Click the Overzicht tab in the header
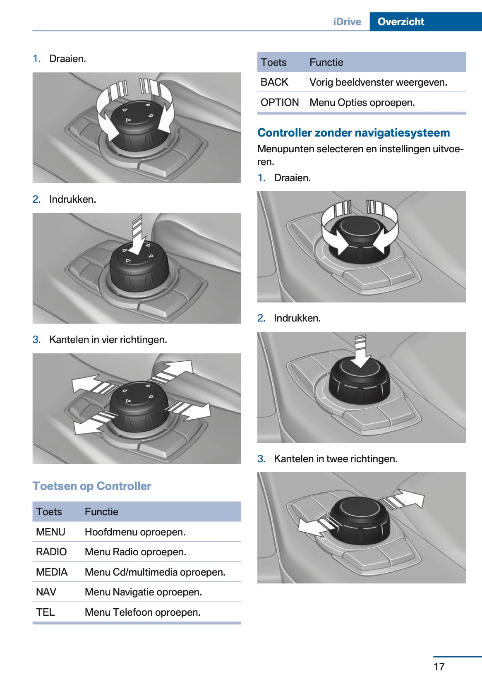(x=401, y=22)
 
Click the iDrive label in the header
(x=347, y=22)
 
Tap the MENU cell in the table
(x=50, y=532)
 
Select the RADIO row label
(x=51, y=552)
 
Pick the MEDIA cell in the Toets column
(x=52, y=572)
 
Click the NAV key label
(x=46, y=592)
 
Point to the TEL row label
(x=46, y=612)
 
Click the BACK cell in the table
(x=274, y=82)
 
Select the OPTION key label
(x=280, y=102)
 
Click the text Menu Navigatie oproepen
(x=144, y=592)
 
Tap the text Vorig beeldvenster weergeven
(x=379, y=82)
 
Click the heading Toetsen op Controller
(x=92, y=486)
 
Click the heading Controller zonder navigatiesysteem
(x=354, y=132)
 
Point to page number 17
(x=439, y=667)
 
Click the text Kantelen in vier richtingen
(x=108, y=340)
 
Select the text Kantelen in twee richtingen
(x=336, y=458)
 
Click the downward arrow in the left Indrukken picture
(x=137, y=235)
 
